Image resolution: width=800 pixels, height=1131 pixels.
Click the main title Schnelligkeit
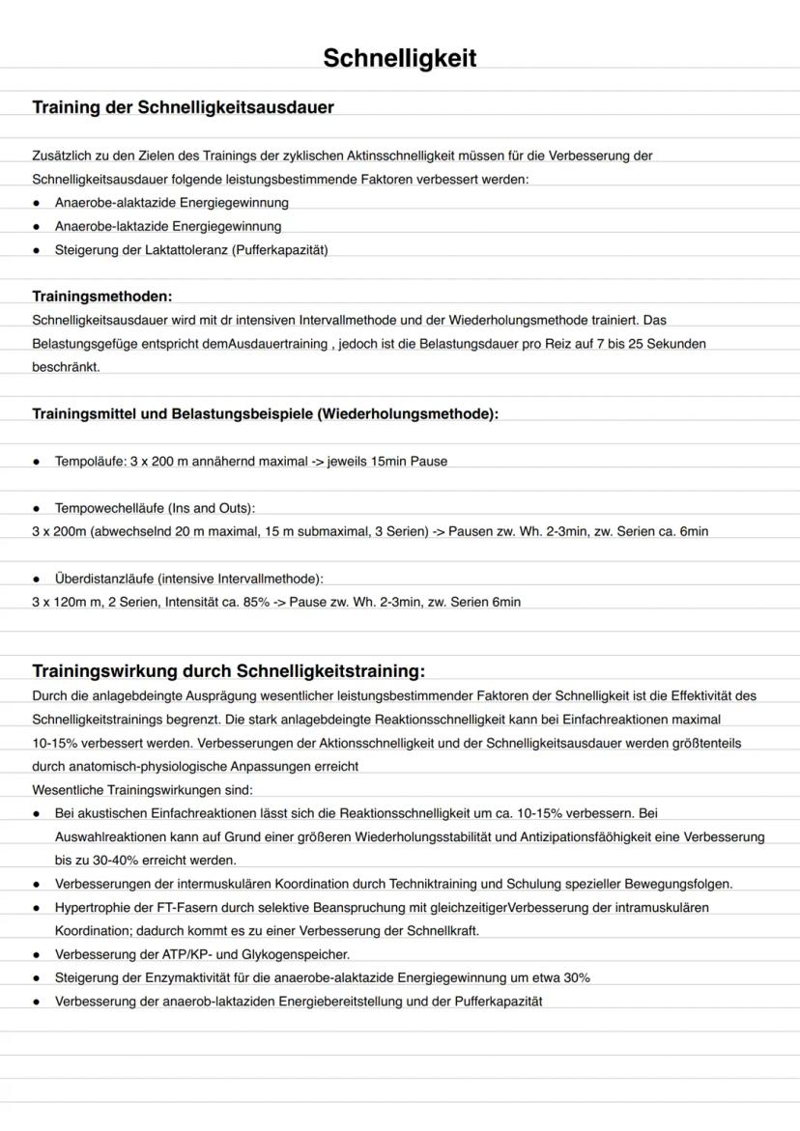click(x=399, y=59)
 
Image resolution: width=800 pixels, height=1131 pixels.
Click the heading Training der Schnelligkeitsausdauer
click(x=184, y=107)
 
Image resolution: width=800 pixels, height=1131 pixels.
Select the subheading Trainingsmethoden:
click(x=102, y=296)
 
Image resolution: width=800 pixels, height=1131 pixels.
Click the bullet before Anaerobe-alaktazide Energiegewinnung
click(x=36, y=203)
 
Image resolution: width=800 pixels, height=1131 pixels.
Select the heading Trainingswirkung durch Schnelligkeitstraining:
click(x=228, y=670)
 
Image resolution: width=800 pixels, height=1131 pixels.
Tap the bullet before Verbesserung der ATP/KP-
click(x=36, y=954)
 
